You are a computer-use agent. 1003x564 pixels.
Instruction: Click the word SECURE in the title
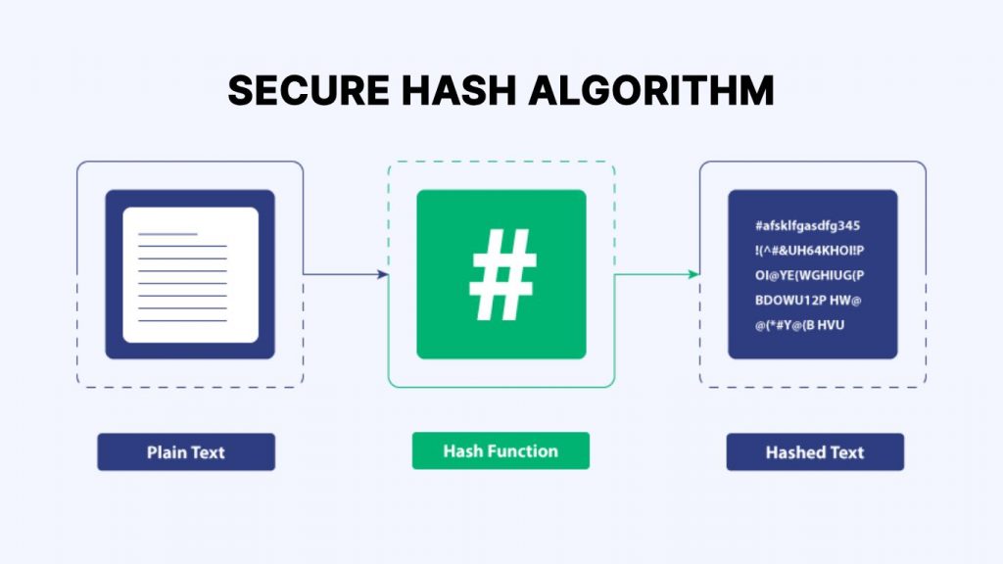point(309,90)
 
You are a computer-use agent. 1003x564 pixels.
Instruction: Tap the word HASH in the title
point(458,90)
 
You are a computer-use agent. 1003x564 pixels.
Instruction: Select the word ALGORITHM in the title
point(651,90)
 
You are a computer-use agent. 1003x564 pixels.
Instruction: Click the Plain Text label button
point(186,452)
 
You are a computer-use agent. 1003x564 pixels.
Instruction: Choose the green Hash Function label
point(501,450)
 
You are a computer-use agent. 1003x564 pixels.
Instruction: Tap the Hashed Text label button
point(815,452)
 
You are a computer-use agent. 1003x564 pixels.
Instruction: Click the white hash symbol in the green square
point(502,274)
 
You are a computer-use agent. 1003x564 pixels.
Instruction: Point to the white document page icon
point(191,275)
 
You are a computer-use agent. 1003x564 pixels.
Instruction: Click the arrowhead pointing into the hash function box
point(383,274)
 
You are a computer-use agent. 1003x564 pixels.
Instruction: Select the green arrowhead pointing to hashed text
point(693,274)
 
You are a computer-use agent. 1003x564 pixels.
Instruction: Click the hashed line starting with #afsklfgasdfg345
point(807,226)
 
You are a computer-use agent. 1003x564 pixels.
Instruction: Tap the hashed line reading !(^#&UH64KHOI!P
point(809,251)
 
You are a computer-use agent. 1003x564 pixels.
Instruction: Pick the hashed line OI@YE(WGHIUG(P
point(809,275)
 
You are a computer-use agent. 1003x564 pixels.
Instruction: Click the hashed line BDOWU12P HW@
point(808,300)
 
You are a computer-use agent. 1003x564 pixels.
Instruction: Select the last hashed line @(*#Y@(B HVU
point(799,325)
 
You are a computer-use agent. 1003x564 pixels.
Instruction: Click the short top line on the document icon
point(167,234)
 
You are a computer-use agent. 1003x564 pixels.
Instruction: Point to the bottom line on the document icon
point(182,320)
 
